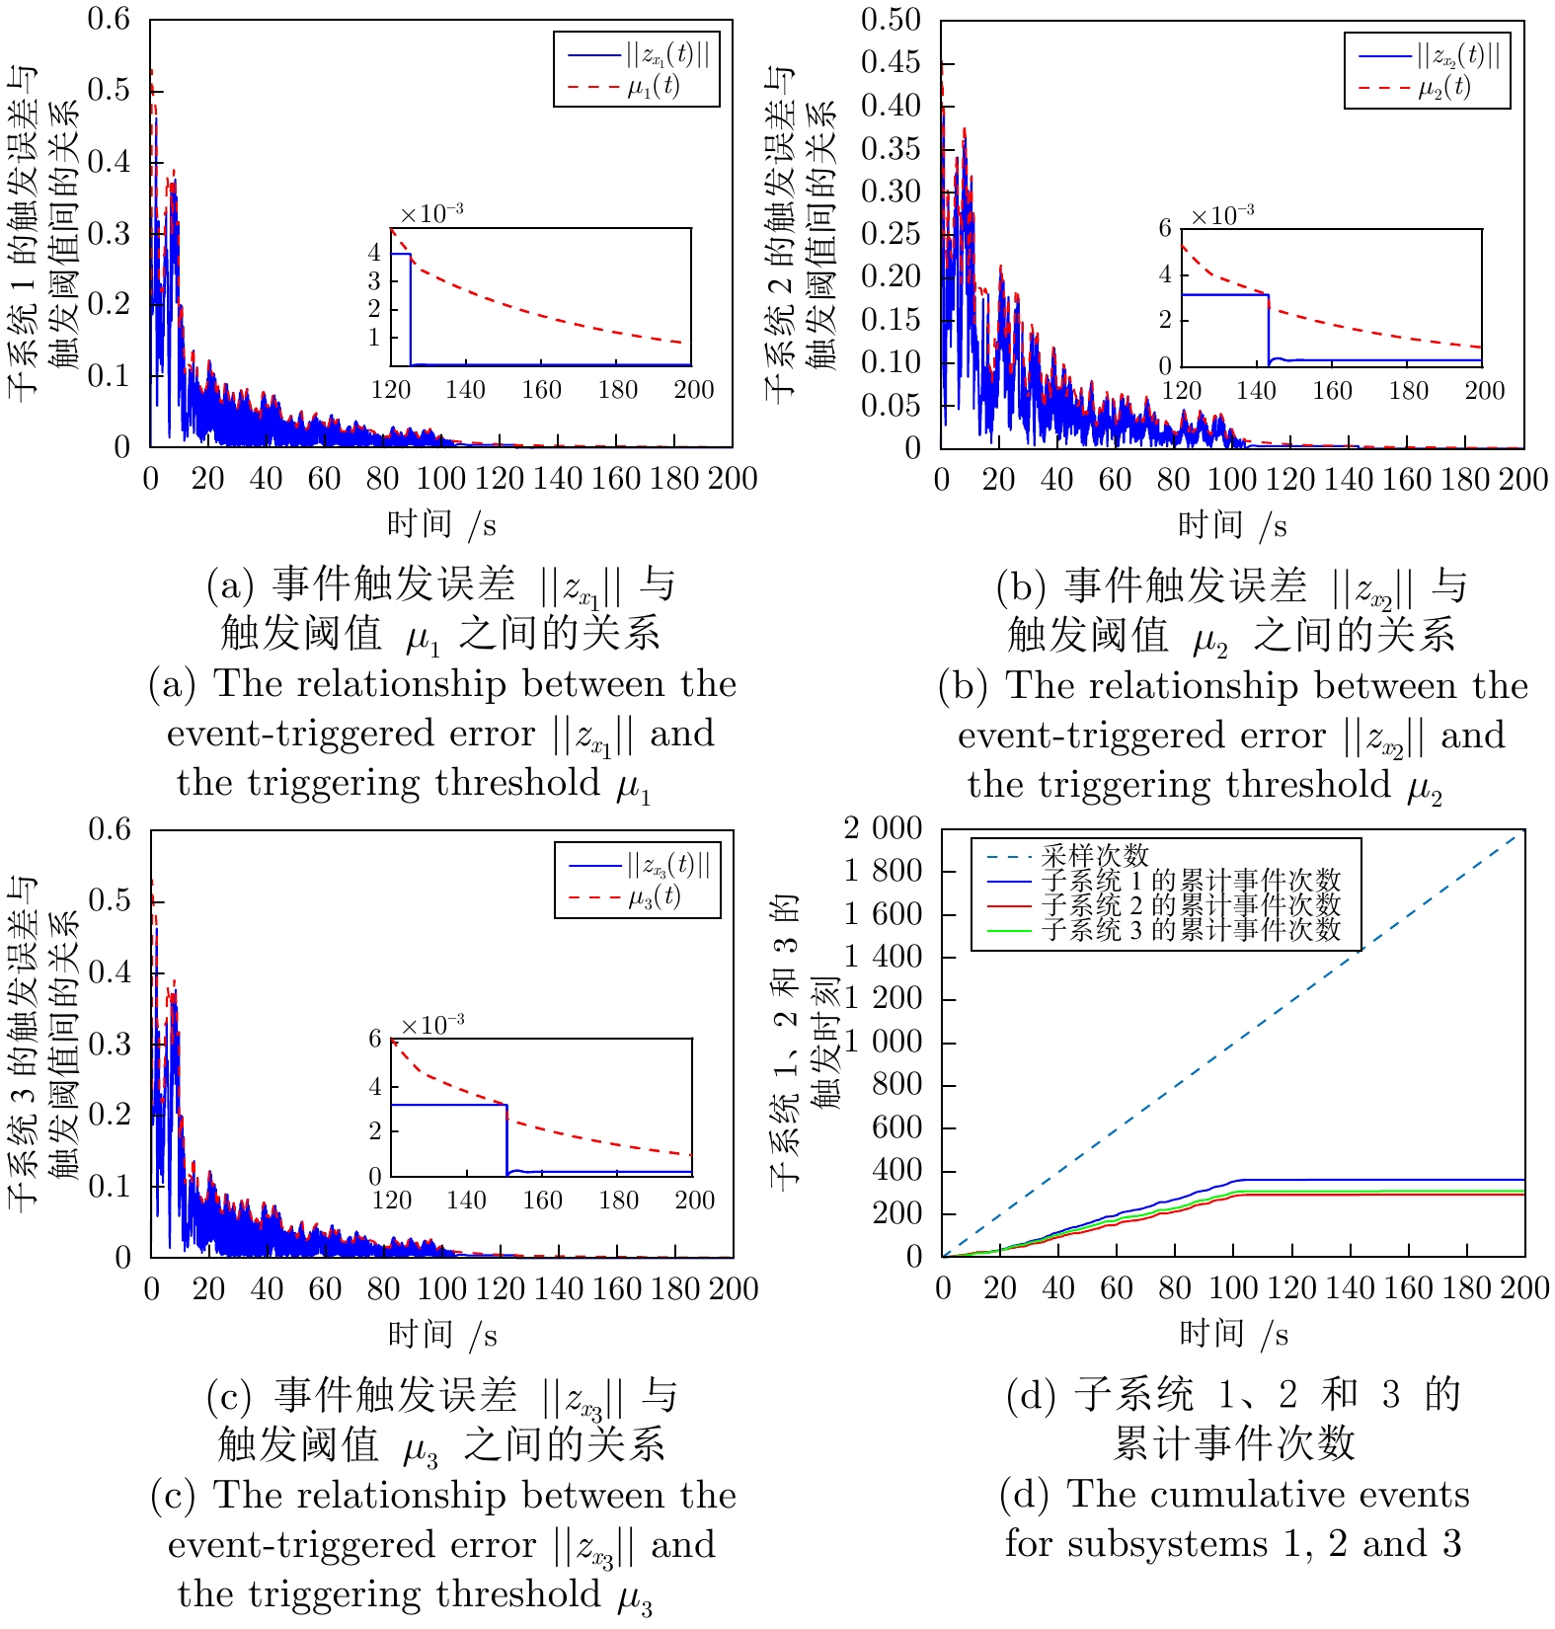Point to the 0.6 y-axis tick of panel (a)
pyautogui.click(x=109, y=19)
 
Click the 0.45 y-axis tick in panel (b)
pyautogui.click(x=890, y=62)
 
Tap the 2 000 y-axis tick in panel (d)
pyautogui.click(x=883, y=828)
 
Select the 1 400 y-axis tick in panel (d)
pyautogui.click(x=883, y=957)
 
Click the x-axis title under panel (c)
pyautogui.click(x=442, y=1335)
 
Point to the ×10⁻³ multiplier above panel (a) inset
pyautogui.click(x=431, y=213)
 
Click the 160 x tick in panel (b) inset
pyautogui.click(x=1332, y=391)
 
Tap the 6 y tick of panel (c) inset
pyautogui.click(x=375, y=1039)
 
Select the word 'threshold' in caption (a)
pyautogui.click(x=517, y=783)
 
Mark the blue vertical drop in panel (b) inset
pyautogui.click(x=1269, y=329)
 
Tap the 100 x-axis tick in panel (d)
pyautogui.click(x=1233, y=1287)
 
